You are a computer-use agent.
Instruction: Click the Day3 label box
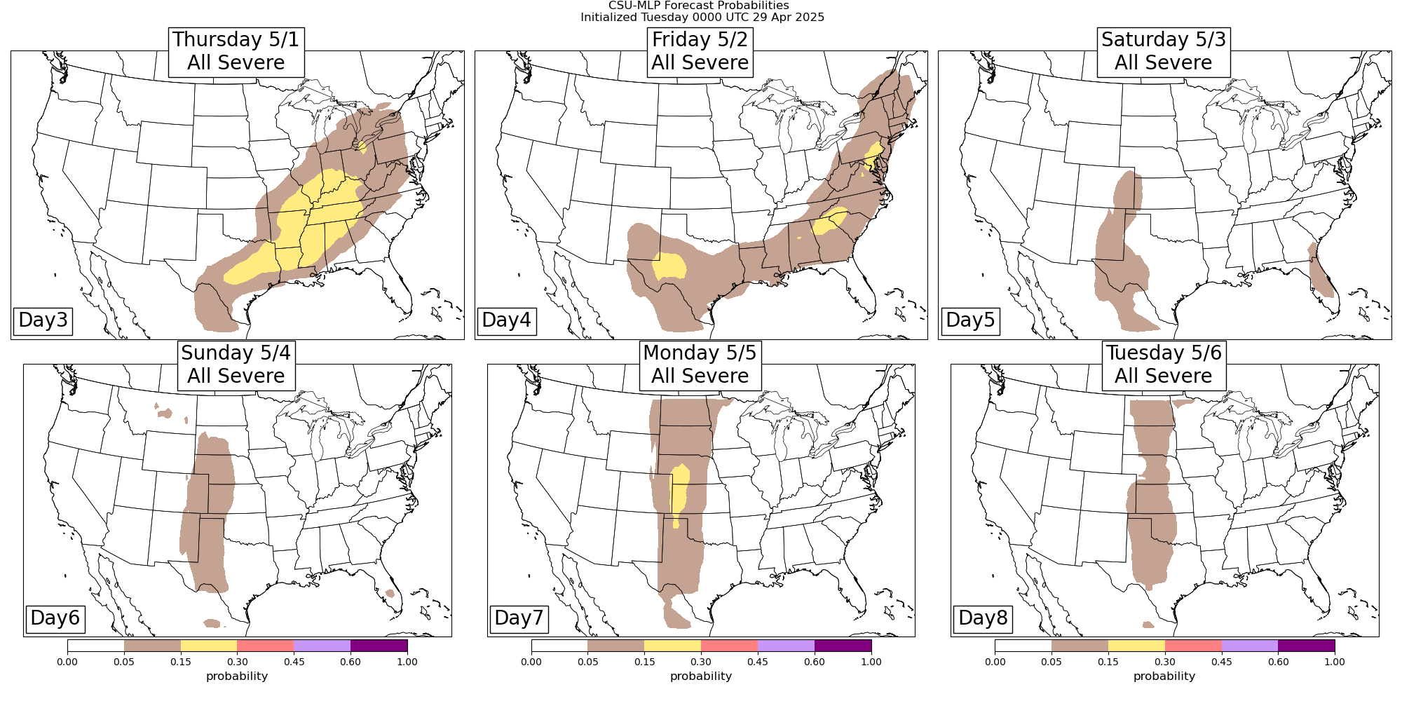[43, 320]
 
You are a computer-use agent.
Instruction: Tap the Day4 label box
[506, 320]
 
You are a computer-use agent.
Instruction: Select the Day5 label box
[970, 320]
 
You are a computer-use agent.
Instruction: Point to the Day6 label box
[55, 618]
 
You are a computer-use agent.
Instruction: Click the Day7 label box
[519, 618]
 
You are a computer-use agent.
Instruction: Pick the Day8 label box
[983, 618]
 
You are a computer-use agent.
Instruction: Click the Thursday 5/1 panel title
[236, 51]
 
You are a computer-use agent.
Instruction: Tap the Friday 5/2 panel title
[700, 51]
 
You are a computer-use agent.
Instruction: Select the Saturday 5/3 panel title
[1164, 51]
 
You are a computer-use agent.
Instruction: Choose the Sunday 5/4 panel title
[236, 365]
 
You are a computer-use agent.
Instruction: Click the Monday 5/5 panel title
[700, 365]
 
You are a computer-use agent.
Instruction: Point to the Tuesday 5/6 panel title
[1164, 365]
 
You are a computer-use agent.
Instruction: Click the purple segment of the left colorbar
[379, 646]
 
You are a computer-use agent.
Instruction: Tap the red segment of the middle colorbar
[729, 646]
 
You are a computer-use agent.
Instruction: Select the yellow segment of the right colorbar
[1136, 646]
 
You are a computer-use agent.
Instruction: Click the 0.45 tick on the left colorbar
[294, 661]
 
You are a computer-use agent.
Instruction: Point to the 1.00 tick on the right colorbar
[1335, 661]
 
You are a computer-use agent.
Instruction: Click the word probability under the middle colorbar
[701, 676]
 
